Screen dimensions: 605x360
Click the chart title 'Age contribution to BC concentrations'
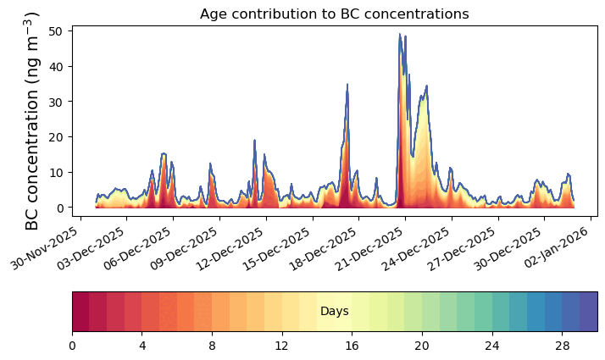(x=334, y=14)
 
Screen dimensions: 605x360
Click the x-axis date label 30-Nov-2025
(x=44, y=248)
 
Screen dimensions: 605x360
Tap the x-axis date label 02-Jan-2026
(x=556, y=247)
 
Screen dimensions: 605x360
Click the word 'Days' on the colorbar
(x=335, y=311)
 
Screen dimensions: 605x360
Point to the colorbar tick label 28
(x=562, y=346)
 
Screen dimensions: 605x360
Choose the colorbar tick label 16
(x=352, y=346)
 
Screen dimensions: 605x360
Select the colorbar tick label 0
(x=73, y=346)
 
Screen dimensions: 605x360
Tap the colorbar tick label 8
(x=212, y=346)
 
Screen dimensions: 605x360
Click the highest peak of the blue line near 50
(x=400, y=34)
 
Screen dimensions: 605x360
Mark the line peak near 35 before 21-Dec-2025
(x=347, y=84)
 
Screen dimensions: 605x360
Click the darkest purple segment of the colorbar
(x=589, y=312)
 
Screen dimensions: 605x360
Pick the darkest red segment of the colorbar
(x=81, y=312)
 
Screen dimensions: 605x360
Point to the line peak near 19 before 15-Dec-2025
(x=254, y=140)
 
